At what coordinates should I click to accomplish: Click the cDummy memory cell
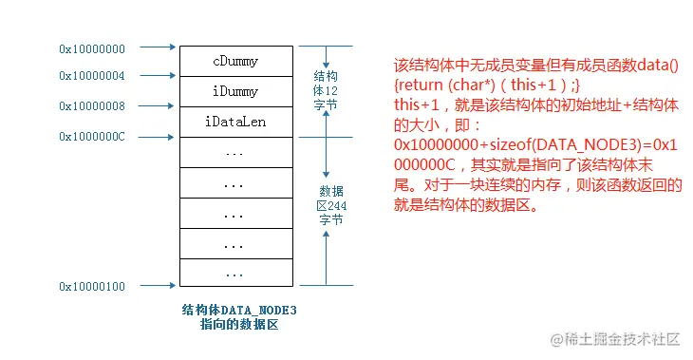(235, 62)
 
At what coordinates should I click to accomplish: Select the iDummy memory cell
(235, 92)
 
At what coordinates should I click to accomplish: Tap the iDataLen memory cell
(235, 123)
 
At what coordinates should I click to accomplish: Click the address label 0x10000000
(92, 47)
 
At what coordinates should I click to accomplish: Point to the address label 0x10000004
(92, 76)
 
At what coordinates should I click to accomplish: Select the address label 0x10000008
(92, 106)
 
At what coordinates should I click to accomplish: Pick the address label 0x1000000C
(92, 137)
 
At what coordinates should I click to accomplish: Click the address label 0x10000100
(92, 286)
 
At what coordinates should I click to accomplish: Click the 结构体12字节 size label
(325, 90)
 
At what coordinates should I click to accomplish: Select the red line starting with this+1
(537, 105)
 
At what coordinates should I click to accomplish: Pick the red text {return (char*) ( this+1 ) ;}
(481, 85)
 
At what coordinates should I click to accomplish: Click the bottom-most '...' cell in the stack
(235, 272)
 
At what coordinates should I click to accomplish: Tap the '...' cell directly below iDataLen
(235, 152)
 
